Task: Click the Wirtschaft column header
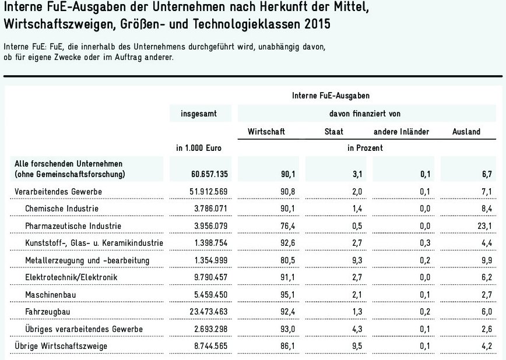pos(266,132)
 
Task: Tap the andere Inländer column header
pos(401,132)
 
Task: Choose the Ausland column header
pos(466,132)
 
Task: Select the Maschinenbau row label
pos(51,295)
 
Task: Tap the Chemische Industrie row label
pos(62,208)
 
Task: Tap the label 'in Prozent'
pos(366,149)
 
